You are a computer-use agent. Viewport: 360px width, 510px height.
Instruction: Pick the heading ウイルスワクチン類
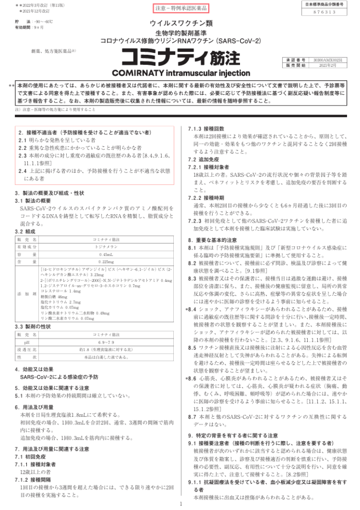pyautogui.click(x=181, y=23)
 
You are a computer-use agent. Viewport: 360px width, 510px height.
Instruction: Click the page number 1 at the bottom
pyautogui.click(x=180, y=504)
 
